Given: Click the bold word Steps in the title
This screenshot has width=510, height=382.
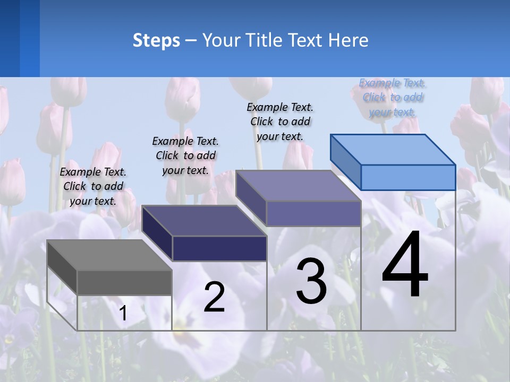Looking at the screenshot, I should (156, 41).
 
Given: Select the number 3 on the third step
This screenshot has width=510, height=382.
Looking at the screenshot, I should (311, 281).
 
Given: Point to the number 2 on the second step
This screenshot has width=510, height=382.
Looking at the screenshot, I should (214, 297).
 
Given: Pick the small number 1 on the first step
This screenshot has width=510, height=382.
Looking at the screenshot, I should (123, 313).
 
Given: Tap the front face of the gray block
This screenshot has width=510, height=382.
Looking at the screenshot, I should (124, 282).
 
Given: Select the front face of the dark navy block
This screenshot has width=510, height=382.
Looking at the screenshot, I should (219, 248).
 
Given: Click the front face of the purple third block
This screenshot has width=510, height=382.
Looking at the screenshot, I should (313, 214).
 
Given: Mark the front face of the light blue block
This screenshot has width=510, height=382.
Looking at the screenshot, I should (408, 177).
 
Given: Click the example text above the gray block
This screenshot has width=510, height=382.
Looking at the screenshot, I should (93, 186).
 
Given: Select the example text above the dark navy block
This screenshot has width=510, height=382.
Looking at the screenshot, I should (185, 155).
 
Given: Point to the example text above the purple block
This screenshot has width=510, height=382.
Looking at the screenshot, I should (280, 121).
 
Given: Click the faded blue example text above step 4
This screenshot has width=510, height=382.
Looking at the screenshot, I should (393, 97).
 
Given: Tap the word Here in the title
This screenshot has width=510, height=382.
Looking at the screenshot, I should (348, 40).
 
